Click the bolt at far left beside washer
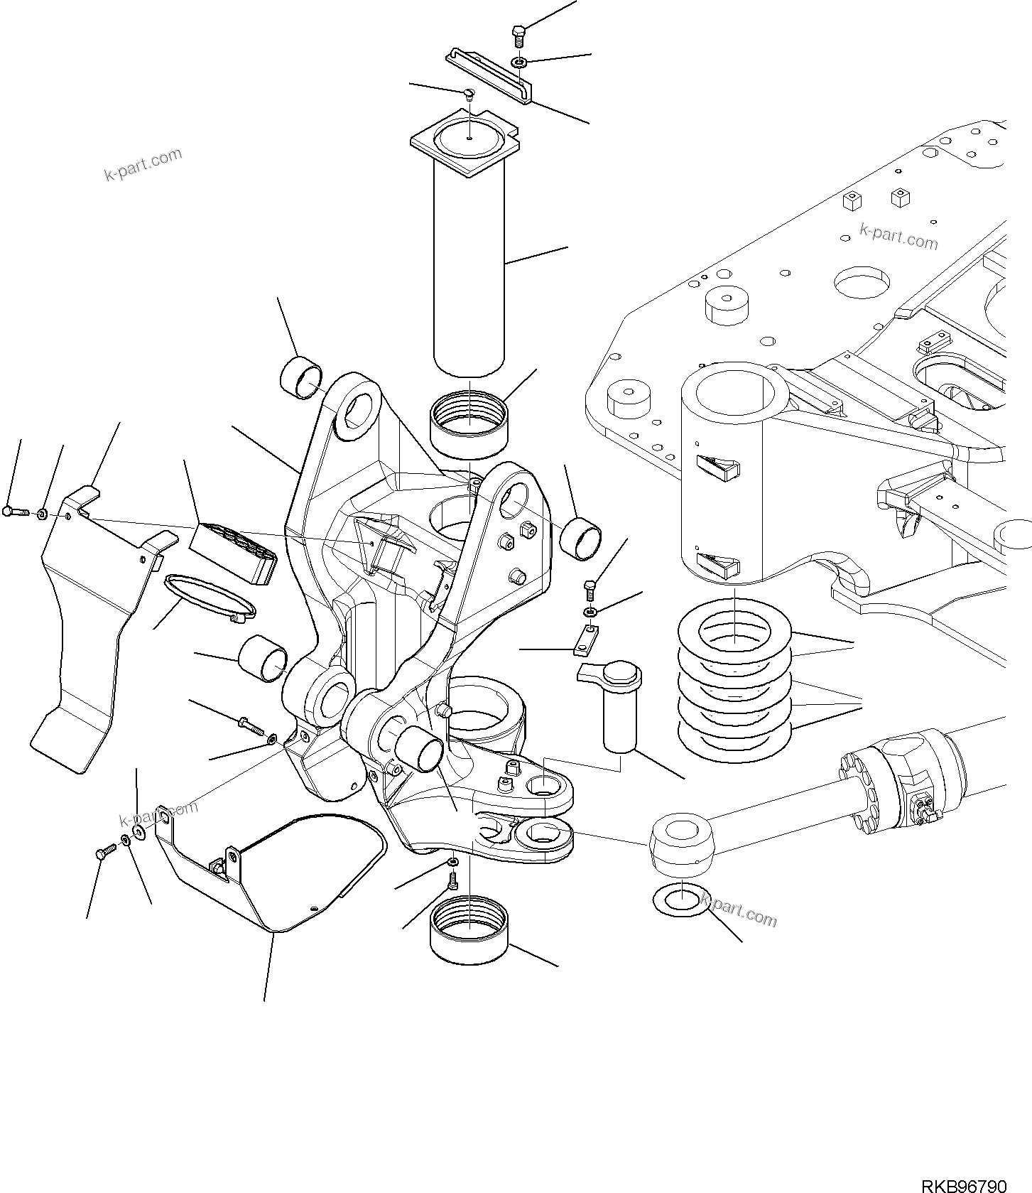click(13, 511)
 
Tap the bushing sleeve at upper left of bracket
click(301, 376)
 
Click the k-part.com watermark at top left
click(143, 164)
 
